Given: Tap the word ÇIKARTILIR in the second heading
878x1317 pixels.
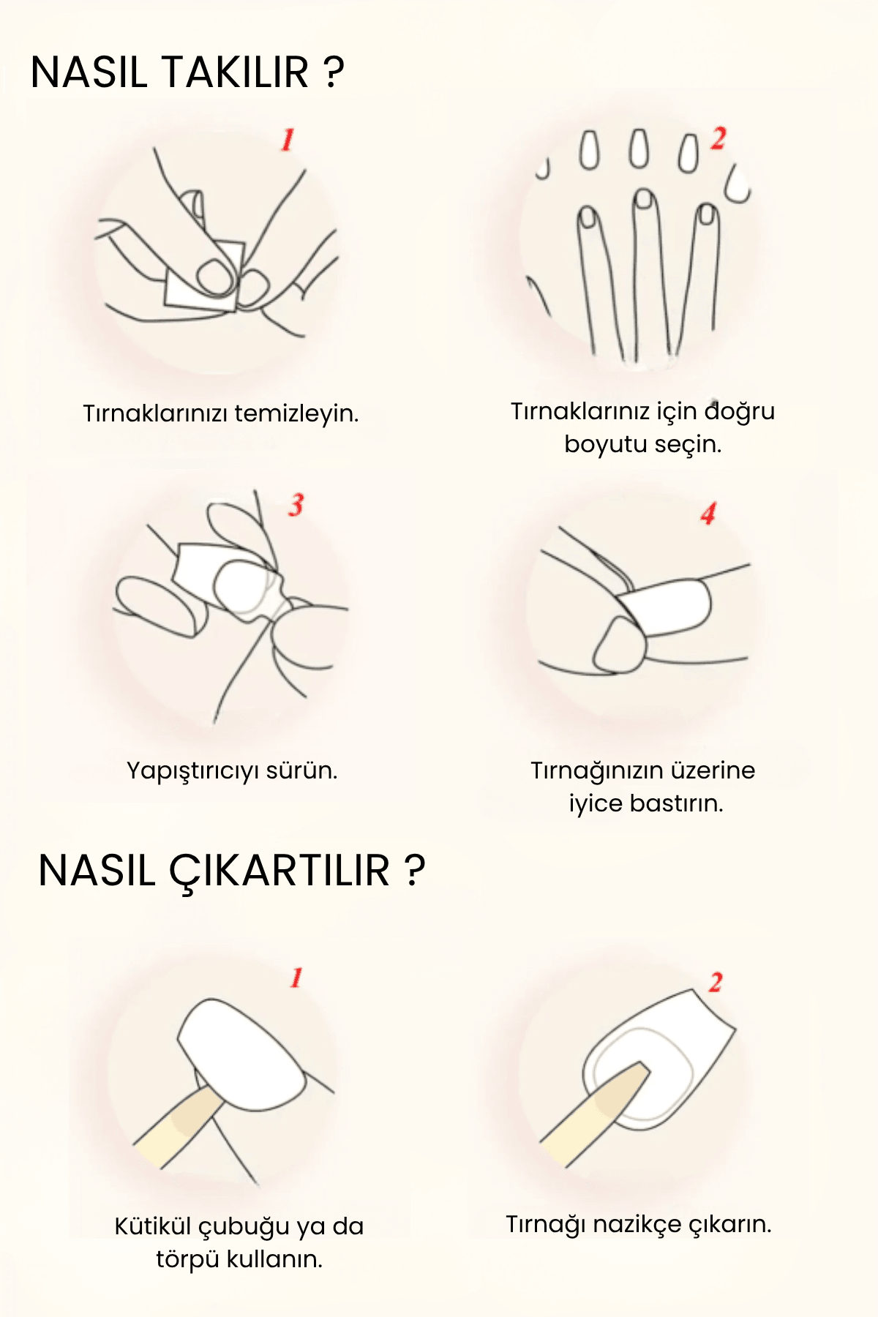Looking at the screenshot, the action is coord(279,871).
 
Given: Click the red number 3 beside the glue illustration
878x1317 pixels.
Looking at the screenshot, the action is coord(296,504).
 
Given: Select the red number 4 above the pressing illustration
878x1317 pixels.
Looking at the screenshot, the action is coord(708,514).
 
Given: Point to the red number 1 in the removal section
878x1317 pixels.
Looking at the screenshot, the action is coord(296,978).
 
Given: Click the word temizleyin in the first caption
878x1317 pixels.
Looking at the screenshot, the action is coord(296,413).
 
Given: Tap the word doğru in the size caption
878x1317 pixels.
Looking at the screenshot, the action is coord(739,413).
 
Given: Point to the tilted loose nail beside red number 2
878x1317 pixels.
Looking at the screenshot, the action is coord(738,184).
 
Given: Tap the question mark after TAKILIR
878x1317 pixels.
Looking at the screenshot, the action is coord(333,72).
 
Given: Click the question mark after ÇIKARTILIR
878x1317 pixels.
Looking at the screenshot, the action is coord(414,871).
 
